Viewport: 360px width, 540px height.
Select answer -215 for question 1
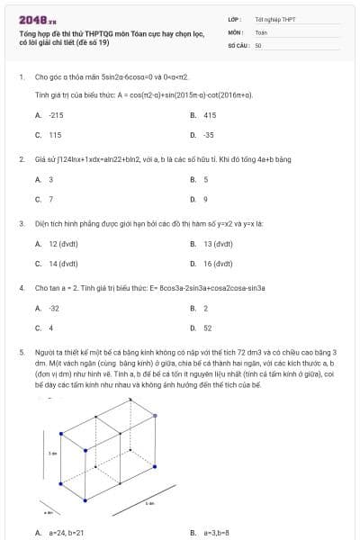click(x=56, y=115)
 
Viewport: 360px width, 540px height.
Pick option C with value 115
click(x=55, y=134)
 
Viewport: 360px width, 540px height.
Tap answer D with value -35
click(x=208, y=134)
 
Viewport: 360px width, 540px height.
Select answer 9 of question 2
click(x=205, y=199)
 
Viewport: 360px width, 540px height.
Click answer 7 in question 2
click(x=50, y=199)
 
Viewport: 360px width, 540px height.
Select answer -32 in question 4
click(x=54, y=308)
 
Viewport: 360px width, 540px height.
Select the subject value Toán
click(x=261, y=31)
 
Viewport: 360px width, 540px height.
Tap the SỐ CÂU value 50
click(x=258, y=44)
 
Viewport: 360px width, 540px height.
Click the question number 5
click(x=21, y=353)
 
